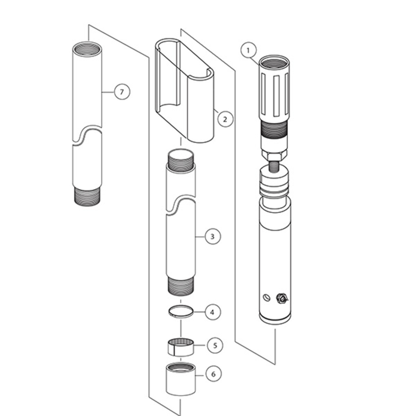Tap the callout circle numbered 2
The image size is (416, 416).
pos(225,119)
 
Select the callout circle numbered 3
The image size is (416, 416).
pos(213,237)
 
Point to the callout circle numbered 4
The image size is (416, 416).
pos(213,312)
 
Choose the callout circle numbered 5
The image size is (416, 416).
pos(215,345)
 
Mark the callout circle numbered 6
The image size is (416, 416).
pos(213,374)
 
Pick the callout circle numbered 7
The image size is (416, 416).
pos(122,92)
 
